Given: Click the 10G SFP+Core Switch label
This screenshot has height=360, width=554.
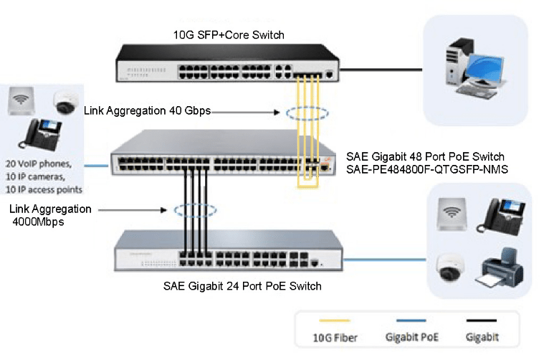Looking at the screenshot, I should (229, 34).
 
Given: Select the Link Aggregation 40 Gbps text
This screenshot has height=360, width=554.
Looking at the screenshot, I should (147, 110).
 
